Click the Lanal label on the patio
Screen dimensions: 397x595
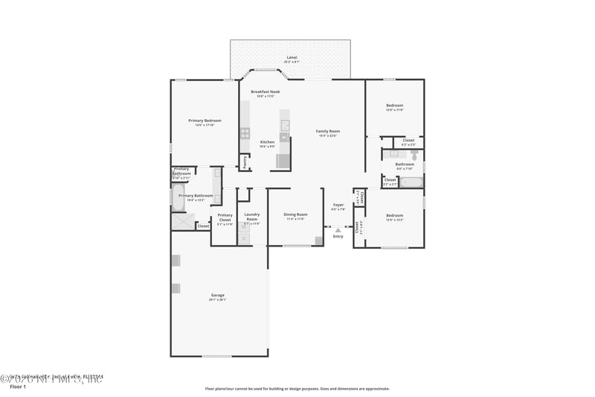pyautogui.click(x=292, y=57)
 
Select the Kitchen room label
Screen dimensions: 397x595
pyautogui.click(x=267, y=143)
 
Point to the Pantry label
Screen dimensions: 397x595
pyautogui.click(x=244, y=160)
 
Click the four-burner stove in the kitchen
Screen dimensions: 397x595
pyautogui.click(x=245, y=133)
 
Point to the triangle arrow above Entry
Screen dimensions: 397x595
pyautogui.click(x=338, y=230)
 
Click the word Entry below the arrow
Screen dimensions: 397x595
pyautogui.click(x=338, y=237)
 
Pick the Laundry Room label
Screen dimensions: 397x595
pyautogui.click(x=251, y=217)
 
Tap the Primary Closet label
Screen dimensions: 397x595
pyautogui.click(x=225, y=217)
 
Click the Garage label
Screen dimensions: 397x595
pyautogui.click(x=217, y=296)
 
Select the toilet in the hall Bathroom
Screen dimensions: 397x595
pyautogui.click(x=415, y=155)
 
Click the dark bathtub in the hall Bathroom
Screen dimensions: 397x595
pyautogui.click(x=411, y=182)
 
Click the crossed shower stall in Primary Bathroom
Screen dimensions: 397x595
pyautogui.click(x=182, y=221)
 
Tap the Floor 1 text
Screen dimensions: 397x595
pyautogui.click(x=17, y=387)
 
